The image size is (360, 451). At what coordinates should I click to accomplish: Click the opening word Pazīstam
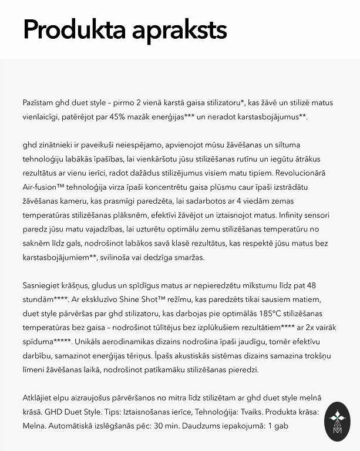[x=41, y=103]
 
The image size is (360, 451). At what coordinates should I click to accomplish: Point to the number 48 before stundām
[x=311, y=285]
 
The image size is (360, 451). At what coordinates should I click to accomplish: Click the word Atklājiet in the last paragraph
[x=41, y=398]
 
